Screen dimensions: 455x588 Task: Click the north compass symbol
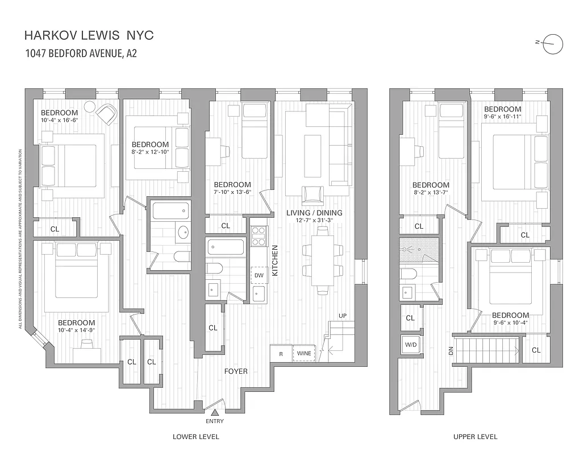pos(552,44)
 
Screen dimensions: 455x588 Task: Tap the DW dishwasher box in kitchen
pos(259,275)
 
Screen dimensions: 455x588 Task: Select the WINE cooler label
pos(304,353)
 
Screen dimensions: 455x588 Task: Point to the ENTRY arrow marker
pos(215,412)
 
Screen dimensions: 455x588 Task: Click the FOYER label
pos(236,371)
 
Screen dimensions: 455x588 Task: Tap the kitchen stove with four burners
pos(258,235)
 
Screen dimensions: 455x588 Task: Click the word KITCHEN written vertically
pos(274,260)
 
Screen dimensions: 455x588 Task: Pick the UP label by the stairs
pos(342,315)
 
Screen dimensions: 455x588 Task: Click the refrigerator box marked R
pos(281,353)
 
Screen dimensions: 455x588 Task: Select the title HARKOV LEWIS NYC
pos(89,36)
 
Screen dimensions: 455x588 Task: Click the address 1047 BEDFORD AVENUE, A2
pos(81,54)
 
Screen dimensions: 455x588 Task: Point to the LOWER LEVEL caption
pos(196,437)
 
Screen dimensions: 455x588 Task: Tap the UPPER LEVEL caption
pos(475,437)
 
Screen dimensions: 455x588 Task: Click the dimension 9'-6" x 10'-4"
pos(510,323)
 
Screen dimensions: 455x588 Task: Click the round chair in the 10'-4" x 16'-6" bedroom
pos(90,106)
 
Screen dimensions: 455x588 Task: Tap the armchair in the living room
pos(312,195)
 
